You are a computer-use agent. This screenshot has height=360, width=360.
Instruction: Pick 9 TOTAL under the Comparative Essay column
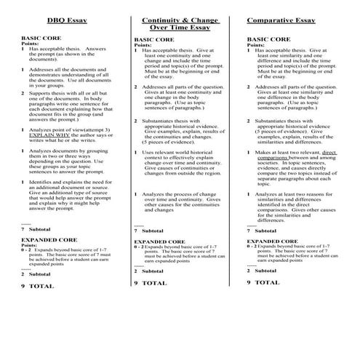(263, 281)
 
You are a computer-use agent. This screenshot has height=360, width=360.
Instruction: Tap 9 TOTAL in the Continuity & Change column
(150, 282)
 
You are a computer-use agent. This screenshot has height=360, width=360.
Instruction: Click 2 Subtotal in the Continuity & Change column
(150, 271)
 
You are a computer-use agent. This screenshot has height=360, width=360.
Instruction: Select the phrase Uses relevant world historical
(175, 152)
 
